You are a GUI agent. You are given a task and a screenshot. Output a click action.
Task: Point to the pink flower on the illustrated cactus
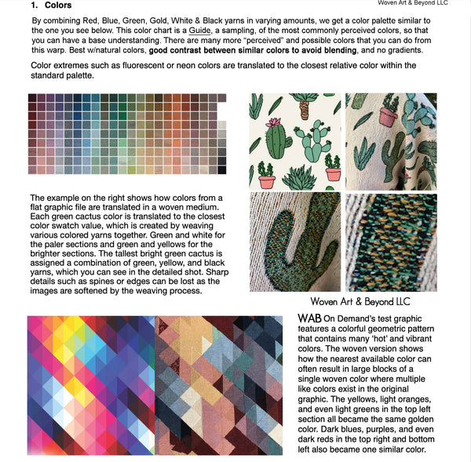274,123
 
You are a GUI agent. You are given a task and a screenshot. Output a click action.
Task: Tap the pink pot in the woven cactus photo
388,116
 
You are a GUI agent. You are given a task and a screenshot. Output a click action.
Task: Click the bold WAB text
310,318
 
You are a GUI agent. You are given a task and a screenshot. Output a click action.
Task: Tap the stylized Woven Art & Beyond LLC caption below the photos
360,301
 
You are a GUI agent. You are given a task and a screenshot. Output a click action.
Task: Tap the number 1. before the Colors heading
35,6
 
